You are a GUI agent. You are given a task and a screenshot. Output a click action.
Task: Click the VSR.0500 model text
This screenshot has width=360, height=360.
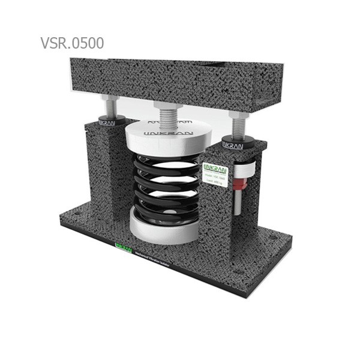coord(72,43)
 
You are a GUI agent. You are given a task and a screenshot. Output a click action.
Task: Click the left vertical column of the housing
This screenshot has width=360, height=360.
coord(102,168)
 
